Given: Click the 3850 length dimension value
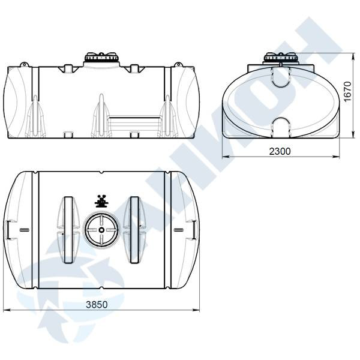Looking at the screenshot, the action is pos(97,304).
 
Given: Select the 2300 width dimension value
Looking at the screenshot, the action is pos(280,151).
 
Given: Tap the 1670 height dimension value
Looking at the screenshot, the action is pos(347,91).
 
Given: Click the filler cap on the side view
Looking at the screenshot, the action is pos(102,58).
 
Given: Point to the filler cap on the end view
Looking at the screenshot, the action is pos(281,57).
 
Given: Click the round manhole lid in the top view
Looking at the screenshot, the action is pos(101,230).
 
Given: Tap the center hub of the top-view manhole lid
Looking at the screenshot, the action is pos(101,230).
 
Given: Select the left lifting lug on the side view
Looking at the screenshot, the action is pos(24,65).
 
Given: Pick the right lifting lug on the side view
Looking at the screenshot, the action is pos(178,65).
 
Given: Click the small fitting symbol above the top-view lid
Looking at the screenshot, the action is pos(101,202).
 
